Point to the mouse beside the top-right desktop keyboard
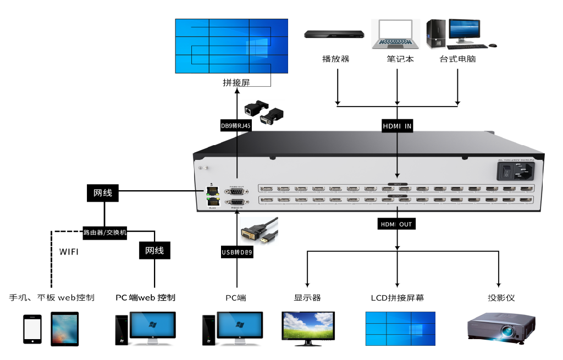pos(493,46)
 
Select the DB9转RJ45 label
pos(235,126)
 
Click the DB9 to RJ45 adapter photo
pos(264,112)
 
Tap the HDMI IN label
pos(397,126)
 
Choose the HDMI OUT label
pos(396,224)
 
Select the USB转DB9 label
pos(237,252)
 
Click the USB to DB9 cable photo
pos(259,231)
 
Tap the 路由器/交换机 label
pos(105,232)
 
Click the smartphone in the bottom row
pos(32,329)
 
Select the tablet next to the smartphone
pos(64,329)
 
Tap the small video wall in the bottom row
pos(400,328)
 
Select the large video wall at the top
pos(231,46)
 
